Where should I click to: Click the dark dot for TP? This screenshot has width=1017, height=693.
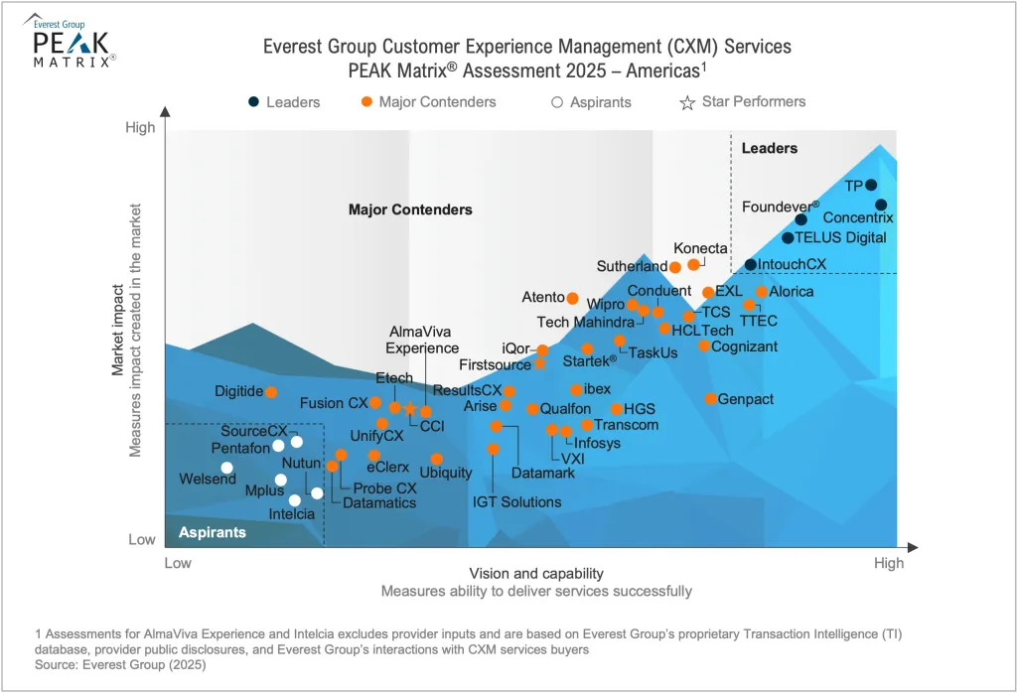[x=871, y=185]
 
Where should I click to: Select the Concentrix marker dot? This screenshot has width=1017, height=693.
[x=881, y=206]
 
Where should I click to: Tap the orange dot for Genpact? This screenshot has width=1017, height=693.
[x=711, y=398]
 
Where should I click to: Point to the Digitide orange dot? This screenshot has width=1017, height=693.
[x=271, y=392]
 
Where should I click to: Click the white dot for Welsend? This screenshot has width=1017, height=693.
[x=226, y=468]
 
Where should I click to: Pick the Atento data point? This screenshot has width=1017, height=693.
[x=572, y=297]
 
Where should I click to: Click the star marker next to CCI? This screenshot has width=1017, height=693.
[x=409, y=409]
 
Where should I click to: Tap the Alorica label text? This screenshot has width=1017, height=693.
[x=792, y=292]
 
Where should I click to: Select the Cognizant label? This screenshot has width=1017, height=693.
[x=744, y=346]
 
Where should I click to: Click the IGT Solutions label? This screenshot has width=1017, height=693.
[x=516, y=502]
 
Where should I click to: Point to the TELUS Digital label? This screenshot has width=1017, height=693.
[x=840, y=237]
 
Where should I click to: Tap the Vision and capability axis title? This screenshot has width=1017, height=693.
[x=536, y=574]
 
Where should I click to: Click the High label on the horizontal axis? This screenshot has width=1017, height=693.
[x=889, y=564]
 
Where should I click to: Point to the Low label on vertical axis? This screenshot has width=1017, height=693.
[x=142, y=540]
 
